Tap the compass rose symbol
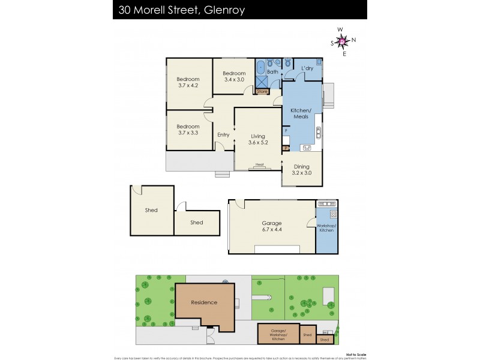tap(343, 41)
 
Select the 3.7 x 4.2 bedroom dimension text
tap(188, 86)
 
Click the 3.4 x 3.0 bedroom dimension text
tap(235, 79)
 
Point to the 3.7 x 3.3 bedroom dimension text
tap(188, 133)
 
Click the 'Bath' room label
tap(272, 72)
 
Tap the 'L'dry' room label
tap(307, 68)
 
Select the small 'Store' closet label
tap(262, 92)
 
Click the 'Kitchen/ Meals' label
tap(301, 114)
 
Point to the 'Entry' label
tap(223, 134)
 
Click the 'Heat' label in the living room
tap(259, 164)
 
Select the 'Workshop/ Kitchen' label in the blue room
tap(326, 227)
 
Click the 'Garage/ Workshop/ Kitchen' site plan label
tap(278, 334)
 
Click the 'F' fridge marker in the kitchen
tap(286, 130)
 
